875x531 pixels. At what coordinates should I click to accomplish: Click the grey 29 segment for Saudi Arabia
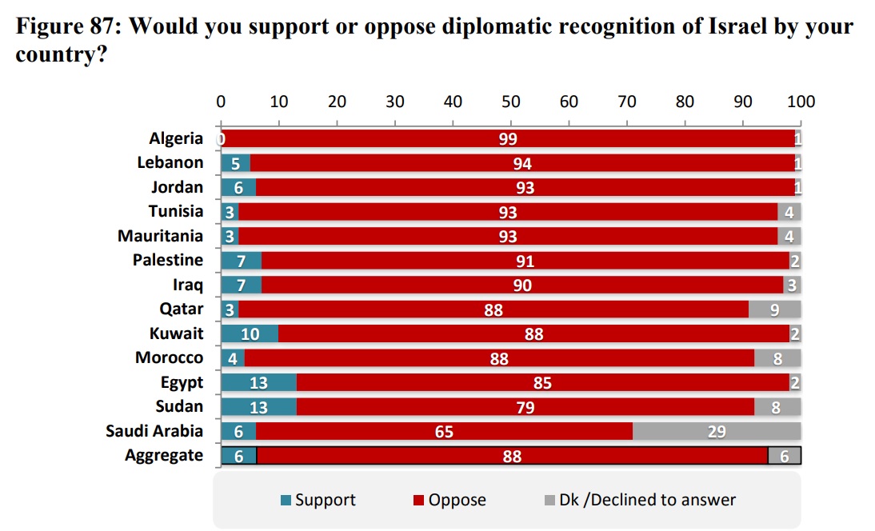pyautogui.click(x=717, y=431)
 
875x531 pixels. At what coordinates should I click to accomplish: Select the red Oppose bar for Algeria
pyautogui.click(x=508, y=138)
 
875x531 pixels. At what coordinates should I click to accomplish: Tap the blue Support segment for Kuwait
pyautogui.click(x=250, y=333)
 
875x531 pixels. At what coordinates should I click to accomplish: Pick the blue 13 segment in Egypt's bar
pyautogui.click(x=258, y=382)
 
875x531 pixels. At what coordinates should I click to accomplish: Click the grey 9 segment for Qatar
pyautogui.click(x=774, y=309)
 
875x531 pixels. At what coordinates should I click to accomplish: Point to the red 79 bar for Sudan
pyautogui.click(x=525, y=406)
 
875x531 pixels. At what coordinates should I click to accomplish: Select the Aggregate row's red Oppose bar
pyautogui.click(x=512, y=456)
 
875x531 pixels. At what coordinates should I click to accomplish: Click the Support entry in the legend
pyautogui.click(x=319, y=501)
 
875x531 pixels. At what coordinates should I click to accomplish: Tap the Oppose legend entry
pyautogui.click(x=450, y=501)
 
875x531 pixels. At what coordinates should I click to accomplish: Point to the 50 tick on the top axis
pyautogui.click(x=511, y=102)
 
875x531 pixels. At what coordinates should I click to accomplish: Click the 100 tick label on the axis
pyautogui.click(x=801, y=102)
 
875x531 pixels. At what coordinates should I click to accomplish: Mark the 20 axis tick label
pyautogui.click(x=337, y=102)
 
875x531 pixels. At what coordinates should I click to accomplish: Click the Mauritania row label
pyautogui.click(x=161, y=236)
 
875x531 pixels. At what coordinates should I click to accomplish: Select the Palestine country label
pyautogui.click(x=168, y=260)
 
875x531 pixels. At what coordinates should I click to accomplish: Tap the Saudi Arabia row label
pyautogui.click(x=155, y=431)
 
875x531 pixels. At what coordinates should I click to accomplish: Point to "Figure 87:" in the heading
pyautogui.click(x=67, y=27)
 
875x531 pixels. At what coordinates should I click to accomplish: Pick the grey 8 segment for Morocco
pyautogui.click(x=777, y=357)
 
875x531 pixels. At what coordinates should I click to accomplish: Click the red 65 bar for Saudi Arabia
pyautogui.click(x=445, y=431)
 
